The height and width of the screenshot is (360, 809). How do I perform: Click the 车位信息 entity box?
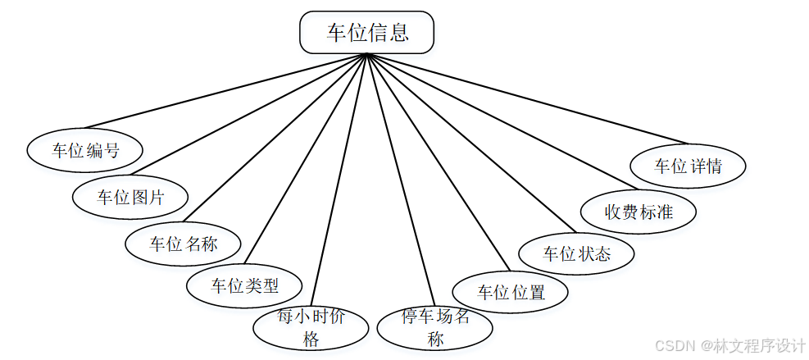(366, 33)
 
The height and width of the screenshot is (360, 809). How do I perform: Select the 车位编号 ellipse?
(85, 150)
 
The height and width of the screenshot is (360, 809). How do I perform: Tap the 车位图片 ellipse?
(131, 197)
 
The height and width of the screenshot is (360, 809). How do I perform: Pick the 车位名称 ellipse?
(184, 244)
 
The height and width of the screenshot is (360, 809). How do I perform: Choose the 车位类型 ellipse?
(244, 286)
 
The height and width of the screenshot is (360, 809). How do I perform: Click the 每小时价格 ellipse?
(311, 327)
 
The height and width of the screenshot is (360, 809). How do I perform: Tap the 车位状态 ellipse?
(577, 253)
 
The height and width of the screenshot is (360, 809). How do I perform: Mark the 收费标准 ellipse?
(639, 212)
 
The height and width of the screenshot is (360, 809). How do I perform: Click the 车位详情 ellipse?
(688, 166)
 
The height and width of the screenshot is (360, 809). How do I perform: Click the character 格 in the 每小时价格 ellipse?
(311, 339)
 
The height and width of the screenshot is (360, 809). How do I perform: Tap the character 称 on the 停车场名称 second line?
(434, 339)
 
